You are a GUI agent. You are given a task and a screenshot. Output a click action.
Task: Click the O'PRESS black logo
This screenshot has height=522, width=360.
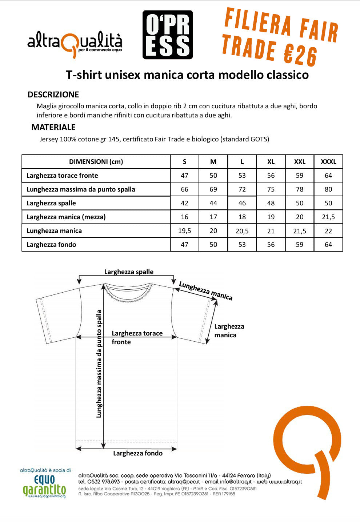(x=168, y=35)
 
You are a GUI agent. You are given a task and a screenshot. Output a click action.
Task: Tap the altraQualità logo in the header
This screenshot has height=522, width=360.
(x=75, y=43)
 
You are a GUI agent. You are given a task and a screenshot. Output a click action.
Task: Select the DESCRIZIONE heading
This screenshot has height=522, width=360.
(x=53, y=95)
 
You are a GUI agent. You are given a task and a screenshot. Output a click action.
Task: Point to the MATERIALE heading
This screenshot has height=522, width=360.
(x=53, y=127)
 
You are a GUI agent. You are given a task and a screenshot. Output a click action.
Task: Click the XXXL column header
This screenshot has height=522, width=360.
(x=328, y=162)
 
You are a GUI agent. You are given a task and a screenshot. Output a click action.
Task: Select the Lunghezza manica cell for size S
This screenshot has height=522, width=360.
(x=185, y=231)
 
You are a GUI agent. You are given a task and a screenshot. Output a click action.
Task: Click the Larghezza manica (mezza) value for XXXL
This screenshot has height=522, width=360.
(x=328, y=217)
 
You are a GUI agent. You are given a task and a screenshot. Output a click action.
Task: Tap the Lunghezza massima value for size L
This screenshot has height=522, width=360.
(x=242, y=189)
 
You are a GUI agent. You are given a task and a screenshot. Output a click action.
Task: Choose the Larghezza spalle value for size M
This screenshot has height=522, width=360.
(x=213, y=203)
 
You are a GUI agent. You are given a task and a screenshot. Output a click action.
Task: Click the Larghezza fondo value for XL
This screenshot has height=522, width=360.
(x=271, y=245)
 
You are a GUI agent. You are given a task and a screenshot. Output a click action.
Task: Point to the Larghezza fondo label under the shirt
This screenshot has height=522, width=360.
(x=137, y=453)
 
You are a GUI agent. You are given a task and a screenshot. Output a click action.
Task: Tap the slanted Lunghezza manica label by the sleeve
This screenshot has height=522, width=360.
(x=206, y=291)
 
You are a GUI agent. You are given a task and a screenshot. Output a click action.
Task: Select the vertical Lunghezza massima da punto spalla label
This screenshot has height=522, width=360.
(x=99, y=364)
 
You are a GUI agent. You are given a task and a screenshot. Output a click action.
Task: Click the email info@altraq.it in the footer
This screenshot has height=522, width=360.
(x=236, y=482)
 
